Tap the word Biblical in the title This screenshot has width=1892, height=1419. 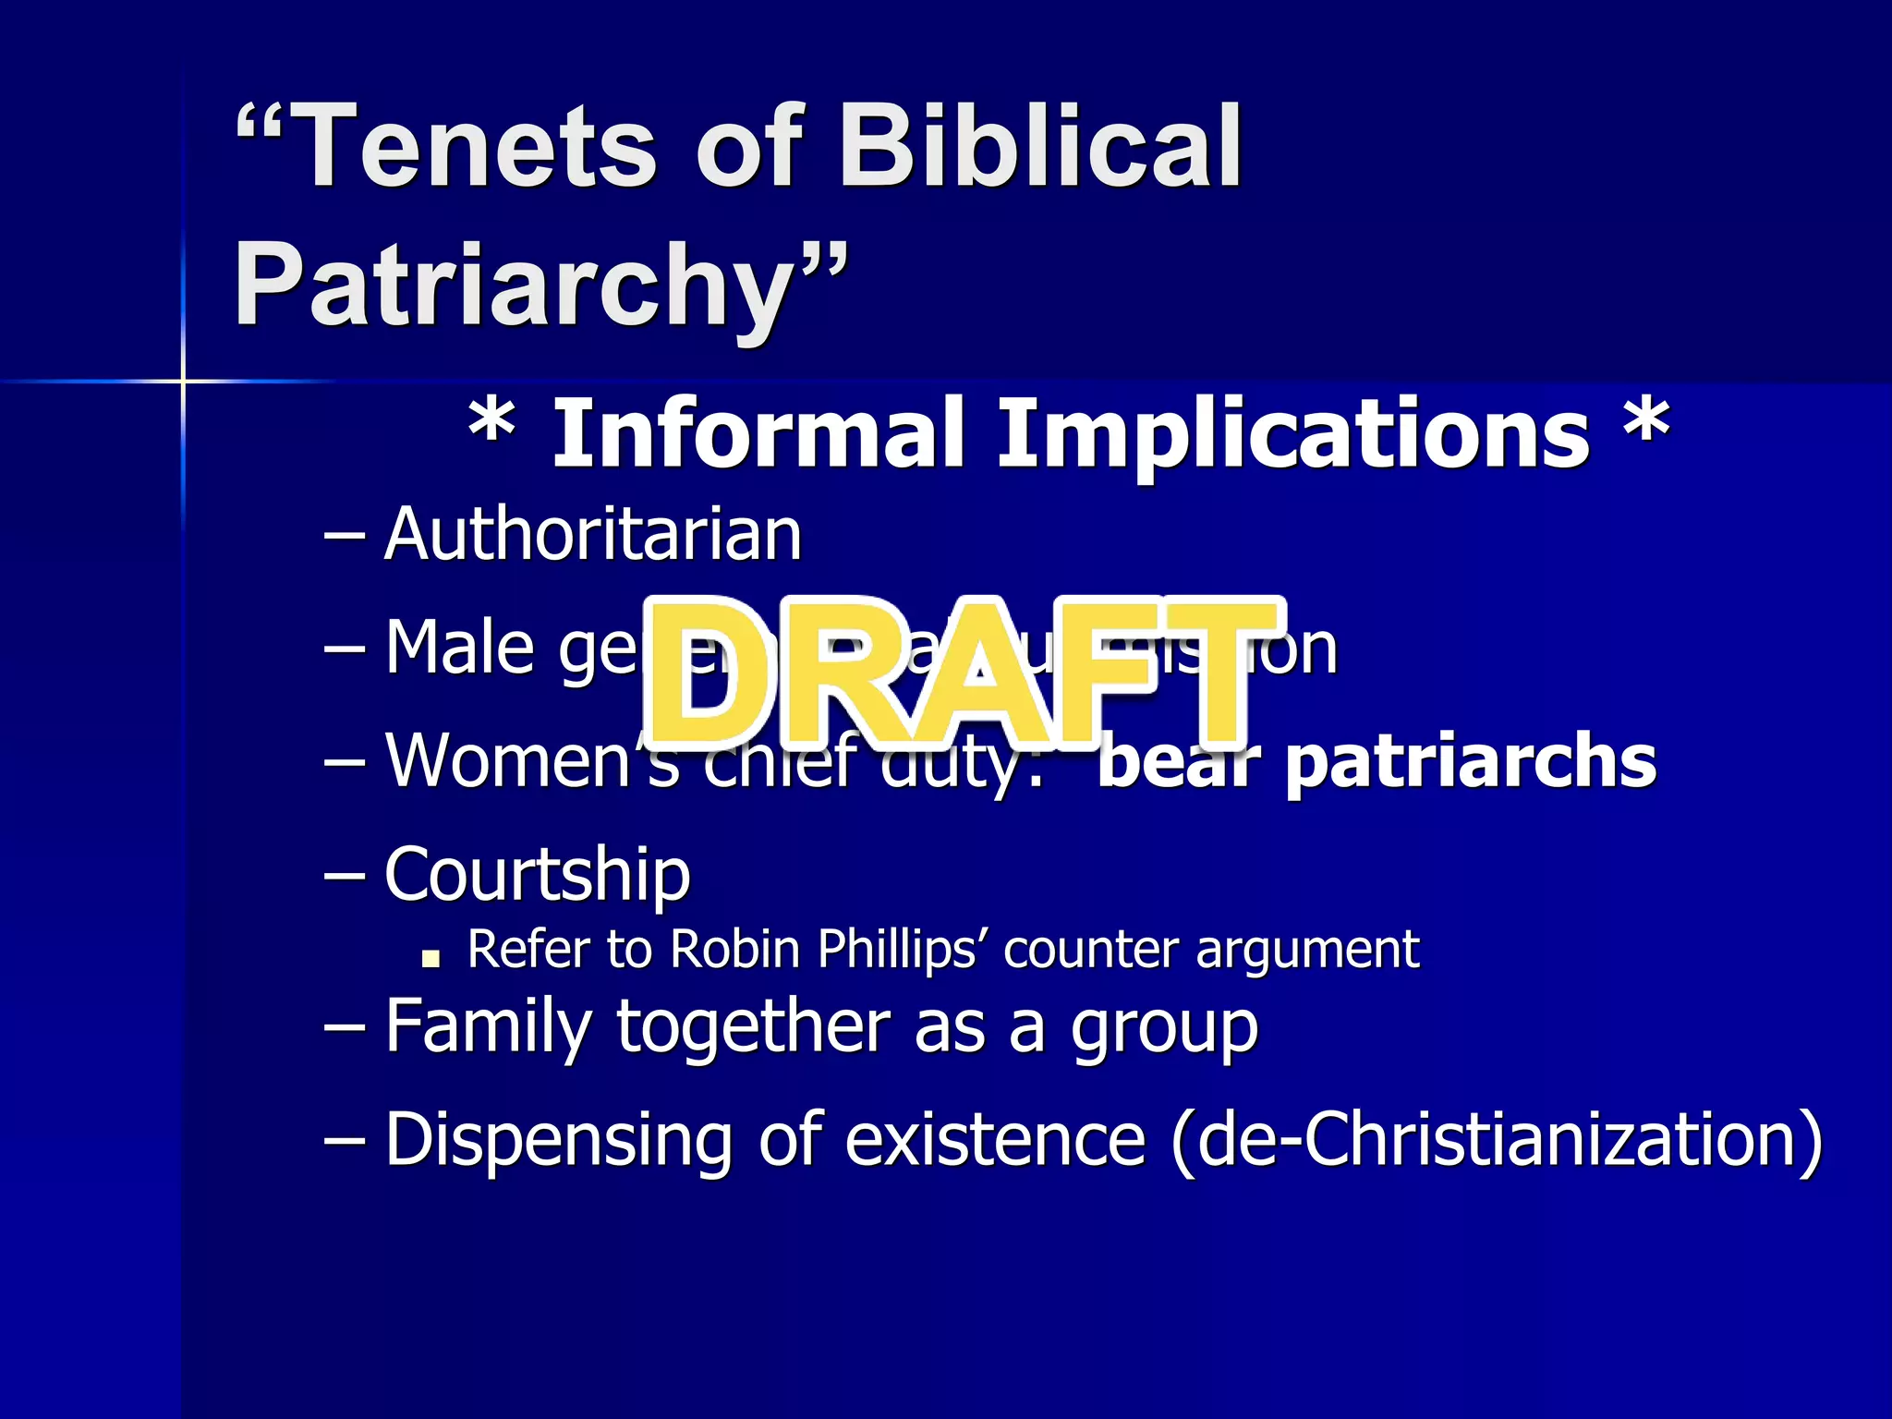(x=1038, y=148)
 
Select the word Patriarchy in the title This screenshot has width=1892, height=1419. (x=514, y=286)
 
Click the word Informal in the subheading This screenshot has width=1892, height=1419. (x=758, y=434)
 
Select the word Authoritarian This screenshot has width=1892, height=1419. (x=593, y=536)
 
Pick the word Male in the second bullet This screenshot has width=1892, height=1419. (x=458, y=649)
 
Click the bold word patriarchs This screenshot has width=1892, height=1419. (x=1471, y=763)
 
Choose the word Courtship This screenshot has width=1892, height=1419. (x=538, y=874)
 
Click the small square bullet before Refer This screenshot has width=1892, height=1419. (x=430, y=959)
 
